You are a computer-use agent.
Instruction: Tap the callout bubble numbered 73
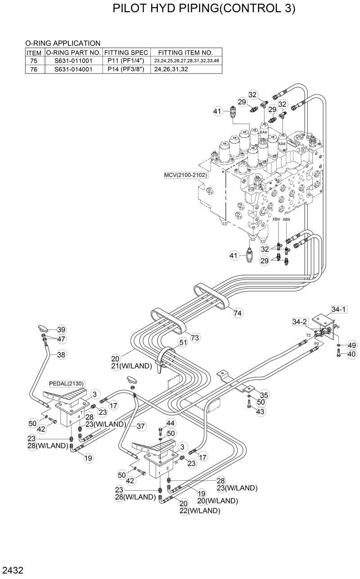(195, 337)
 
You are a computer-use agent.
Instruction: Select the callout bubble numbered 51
(183, 343)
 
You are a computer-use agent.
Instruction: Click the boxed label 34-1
(338, 309)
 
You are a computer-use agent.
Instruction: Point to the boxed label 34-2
(300, 321)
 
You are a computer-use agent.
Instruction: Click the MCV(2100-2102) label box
(186, 175)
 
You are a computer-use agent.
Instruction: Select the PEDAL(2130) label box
(67, 383)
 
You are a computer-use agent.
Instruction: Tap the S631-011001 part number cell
(73, 60)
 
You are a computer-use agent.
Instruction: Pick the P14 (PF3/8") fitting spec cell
(126, 69)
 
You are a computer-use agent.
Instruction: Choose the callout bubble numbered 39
(61, 329)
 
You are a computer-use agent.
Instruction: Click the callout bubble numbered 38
(61, 354)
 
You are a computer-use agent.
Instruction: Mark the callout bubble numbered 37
(141, 426)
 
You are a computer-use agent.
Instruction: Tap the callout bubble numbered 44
(171, 423)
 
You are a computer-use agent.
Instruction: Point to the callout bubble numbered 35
(264, 395)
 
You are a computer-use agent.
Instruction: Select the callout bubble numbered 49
(351, 345)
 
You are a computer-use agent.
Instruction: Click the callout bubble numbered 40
(351, 354)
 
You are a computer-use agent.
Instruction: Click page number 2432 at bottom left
(12, 571)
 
